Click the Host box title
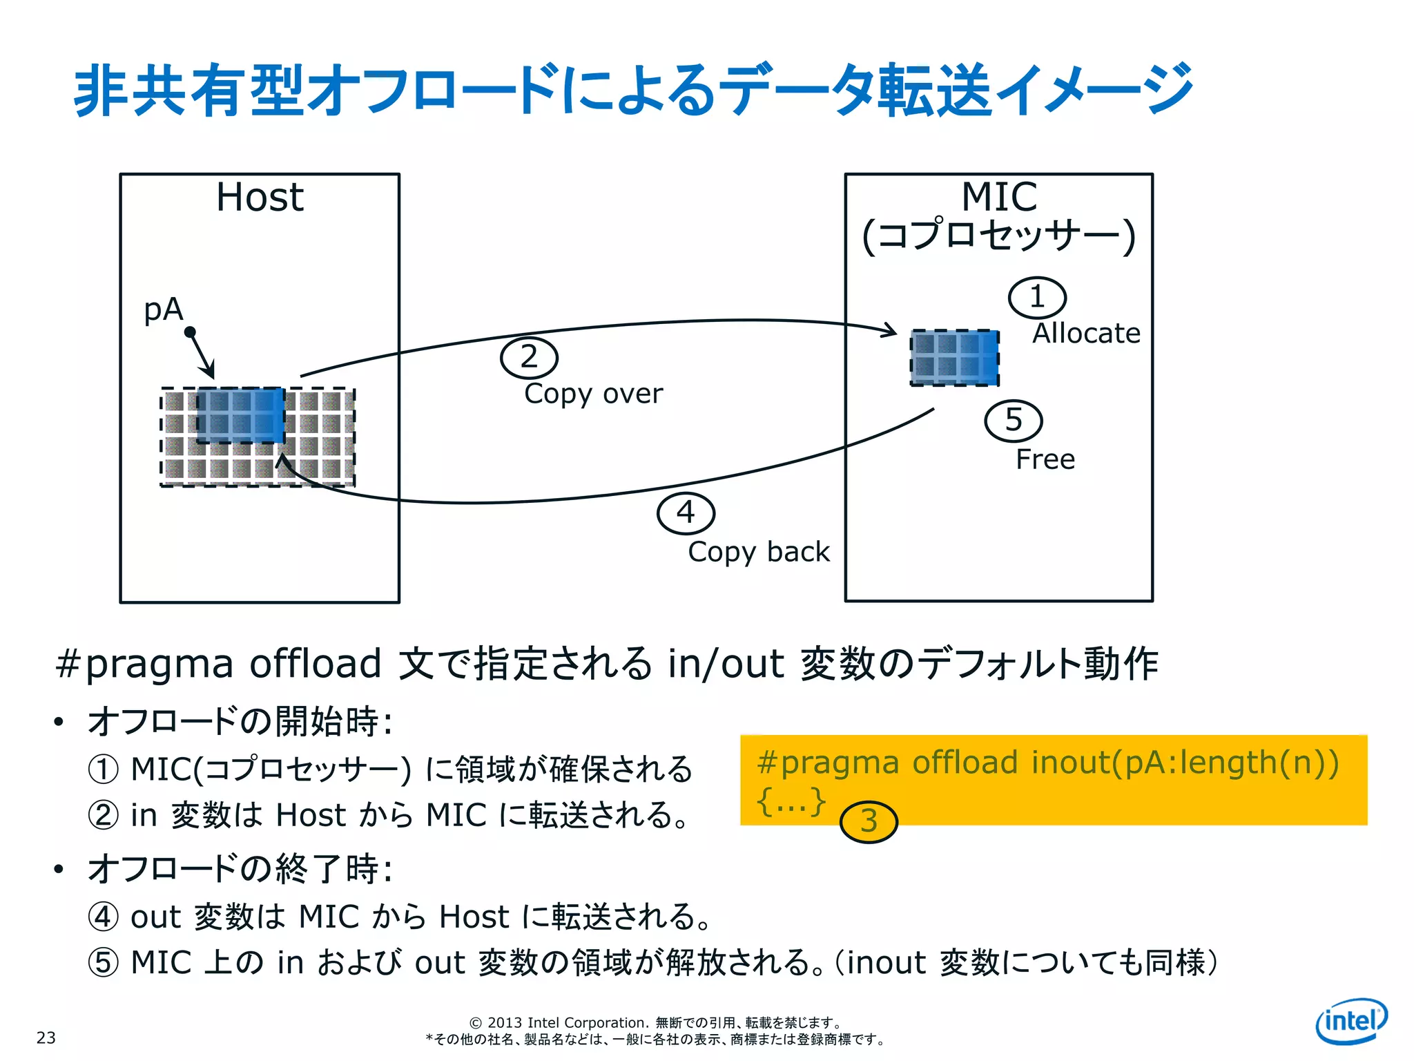pos(260,198)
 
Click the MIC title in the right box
pos(999,198)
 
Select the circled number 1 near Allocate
pos(1037,298)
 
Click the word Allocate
pos(1086,334)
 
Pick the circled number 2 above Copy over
pos(529,357)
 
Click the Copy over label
pos(593,394)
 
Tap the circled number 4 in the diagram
pos(686,513)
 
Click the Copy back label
pos(759,552)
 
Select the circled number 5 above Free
pos(1013,420)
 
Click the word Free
pos(1045,459)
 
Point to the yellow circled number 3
pos(869,821)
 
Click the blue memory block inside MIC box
pos(955,358)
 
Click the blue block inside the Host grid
pos(240,415)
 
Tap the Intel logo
pos(1350,1020)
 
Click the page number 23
pos(46,1038)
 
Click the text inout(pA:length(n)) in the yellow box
pos(1185,763)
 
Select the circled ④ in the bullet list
pos(104,917)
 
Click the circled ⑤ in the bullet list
pos(104,962)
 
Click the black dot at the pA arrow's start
pos(190,332)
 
